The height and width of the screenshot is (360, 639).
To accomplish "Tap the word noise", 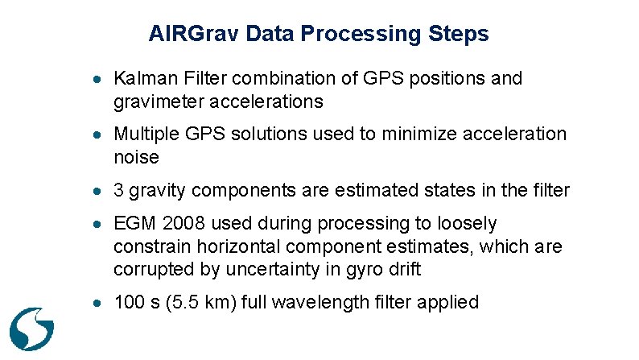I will coord(136,157).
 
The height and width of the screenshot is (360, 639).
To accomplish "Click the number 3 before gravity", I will coord(119,191).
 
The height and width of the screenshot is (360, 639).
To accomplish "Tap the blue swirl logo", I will coord(31,325).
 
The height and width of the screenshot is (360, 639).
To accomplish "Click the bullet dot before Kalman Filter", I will coord(96,80).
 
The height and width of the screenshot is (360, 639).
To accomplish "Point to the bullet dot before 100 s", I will coord(96,304).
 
